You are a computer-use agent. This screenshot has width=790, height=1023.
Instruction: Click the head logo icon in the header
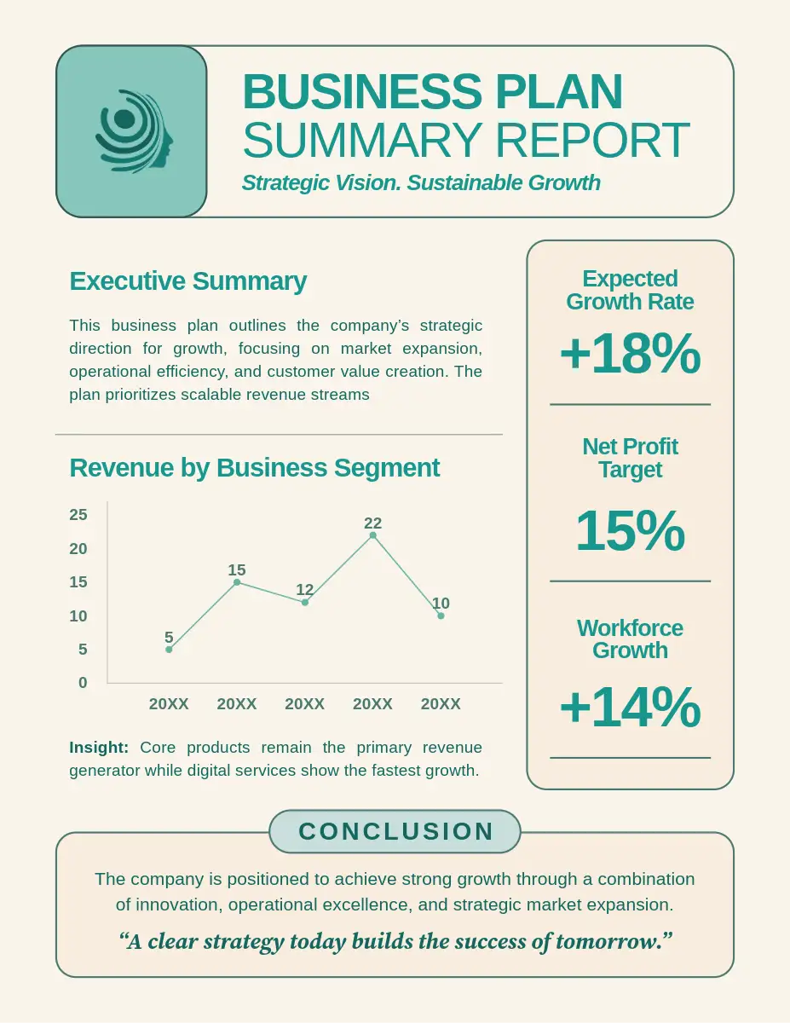coord(132,131)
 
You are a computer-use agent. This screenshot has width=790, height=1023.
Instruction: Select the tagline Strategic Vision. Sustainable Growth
coord(421,182)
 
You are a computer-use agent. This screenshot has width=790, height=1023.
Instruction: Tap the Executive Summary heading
coord(187,281)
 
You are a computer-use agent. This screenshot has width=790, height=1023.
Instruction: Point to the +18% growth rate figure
coord(630,354)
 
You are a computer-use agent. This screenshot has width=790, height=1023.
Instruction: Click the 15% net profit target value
coord(630,530)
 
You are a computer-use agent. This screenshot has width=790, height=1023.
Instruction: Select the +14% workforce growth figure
coord(630,708)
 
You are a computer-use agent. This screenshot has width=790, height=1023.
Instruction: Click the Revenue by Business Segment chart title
coord(254,467)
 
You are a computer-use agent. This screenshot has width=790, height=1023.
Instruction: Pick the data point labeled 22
coord(372,535)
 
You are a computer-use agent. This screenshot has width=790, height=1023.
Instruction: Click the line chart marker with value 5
coord(169,650)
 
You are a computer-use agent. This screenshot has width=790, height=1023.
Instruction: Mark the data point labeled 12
coord(305,602)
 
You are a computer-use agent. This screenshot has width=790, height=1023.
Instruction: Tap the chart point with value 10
coord(441,616)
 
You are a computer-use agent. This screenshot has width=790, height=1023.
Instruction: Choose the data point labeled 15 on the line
coord(237,582)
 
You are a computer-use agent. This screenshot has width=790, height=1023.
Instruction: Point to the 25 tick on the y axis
coord(78,514)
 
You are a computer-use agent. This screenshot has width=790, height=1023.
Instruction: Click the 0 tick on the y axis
coord(83,683)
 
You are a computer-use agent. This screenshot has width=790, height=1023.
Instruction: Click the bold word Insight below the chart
coord(99,748)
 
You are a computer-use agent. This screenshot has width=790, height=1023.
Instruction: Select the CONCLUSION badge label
coord(396,831)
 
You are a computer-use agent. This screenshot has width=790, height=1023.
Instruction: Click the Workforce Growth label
coord(630,639)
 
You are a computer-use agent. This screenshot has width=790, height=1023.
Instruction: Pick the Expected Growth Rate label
coord(630,290)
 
